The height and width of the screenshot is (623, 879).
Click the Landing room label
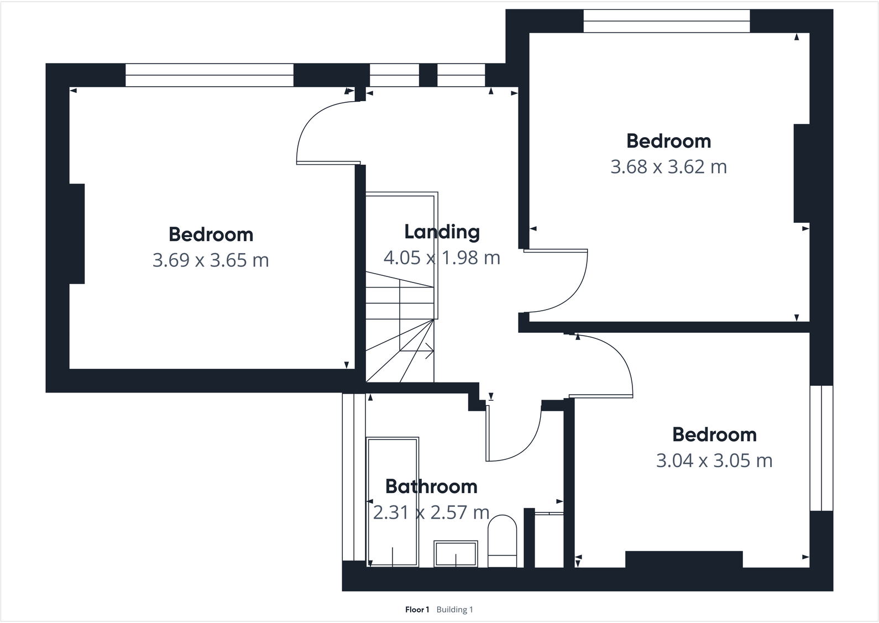coord(442,232)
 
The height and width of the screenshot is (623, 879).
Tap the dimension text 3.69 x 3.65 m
coord(211,260)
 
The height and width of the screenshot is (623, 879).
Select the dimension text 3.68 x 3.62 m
coord(668,166)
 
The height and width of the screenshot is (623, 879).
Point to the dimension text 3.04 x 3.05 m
coord(714,460)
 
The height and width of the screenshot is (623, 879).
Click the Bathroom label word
coord(431,486)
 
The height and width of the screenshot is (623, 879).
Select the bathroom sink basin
coord(456,553)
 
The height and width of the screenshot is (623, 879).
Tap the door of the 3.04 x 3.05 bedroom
coord(608,365)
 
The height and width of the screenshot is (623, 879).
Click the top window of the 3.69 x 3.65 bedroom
coord(209,75)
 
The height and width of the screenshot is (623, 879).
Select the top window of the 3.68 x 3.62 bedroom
coord(666,21)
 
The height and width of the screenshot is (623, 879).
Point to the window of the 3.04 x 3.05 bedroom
coord(821,448)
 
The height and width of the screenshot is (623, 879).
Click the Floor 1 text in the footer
coord(417,610)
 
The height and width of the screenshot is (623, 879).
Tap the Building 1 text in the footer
coord(454,610)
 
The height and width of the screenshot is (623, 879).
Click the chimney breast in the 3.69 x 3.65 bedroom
coord(77,233)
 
